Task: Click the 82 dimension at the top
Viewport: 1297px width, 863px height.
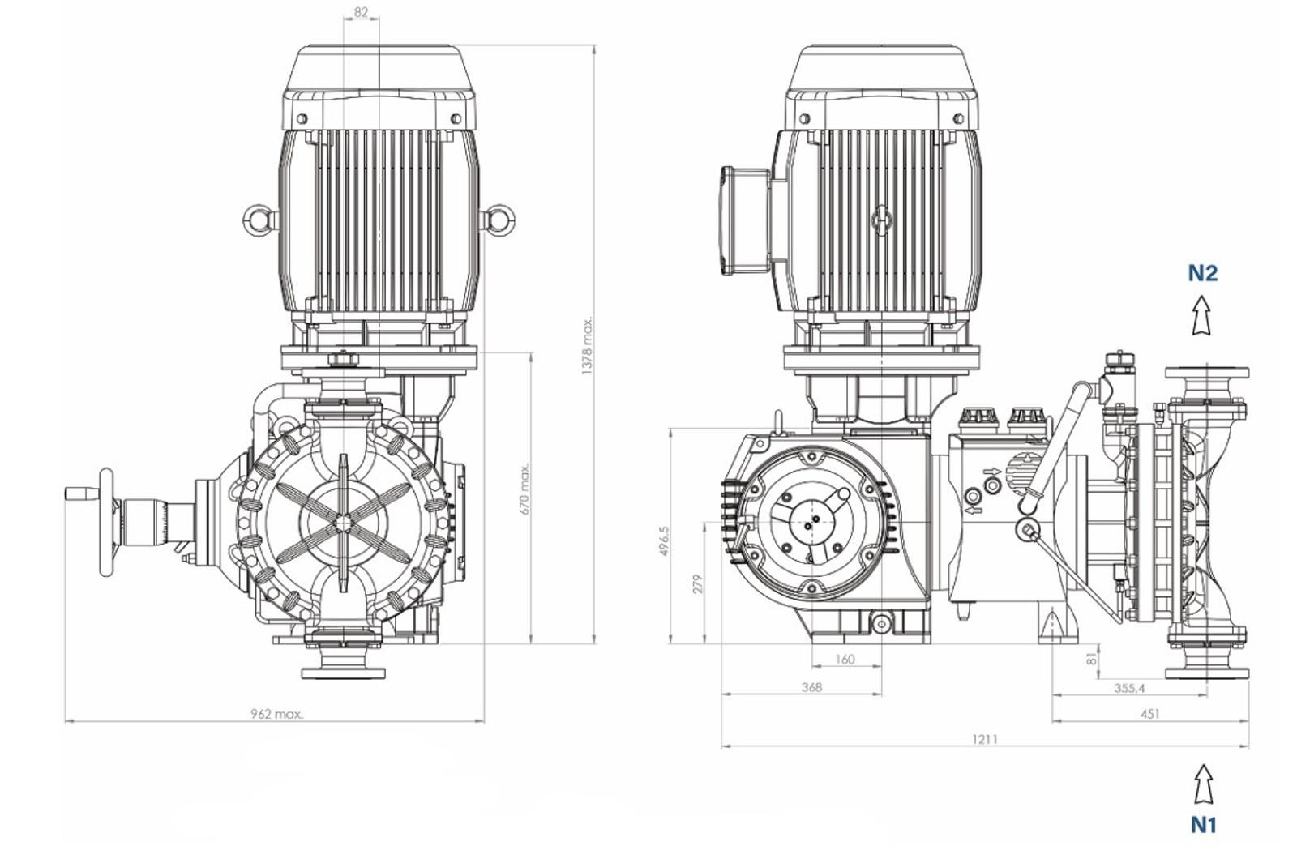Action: point(361,12)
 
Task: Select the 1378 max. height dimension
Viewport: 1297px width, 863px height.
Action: point(587,345)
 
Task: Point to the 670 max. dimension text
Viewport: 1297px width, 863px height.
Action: point(524,489)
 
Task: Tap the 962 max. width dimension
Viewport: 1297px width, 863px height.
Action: point(276,714)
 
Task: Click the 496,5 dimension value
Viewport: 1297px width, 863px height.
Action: point(664,541)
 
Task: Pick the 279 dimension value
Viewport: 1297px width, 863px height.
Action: point(698,583)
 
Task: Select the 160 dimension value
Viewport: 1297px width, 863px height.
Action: point(845,660)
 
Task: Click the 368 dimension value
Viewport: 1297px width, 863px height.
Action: point(811,687)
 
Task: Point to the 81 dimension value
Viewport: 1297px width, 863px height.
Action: point(1092,660)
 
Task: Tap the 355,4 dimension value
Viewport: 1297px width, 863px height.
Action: point(1130,688)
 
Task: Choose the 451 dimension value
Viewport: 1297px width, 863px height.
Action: point(1150,714)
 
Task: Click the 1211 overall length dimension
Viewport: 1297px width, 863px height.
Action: point(985,739)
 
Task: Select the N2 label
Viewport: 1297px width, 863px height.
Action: point(1203,272)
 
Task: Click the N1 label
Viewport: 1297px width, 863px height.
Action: point(1204,824)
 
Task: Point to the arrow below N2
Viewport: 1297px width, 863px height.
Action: point(1202,315)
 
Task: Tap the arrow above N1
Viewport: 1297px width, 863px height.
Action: point(1203,784)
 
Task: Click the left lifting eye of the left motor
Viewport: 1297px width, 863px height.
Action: point(259,220)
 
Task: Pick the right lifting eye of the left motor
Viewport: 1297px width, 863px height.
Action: point(498,220)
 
